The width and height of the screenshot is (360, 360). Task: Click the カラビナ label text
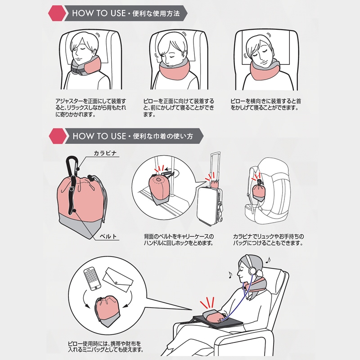pyautogui.click(x=105, y=153)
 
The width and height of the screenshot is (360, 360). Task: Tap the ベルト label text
pyautogui.click(x=108, y=236)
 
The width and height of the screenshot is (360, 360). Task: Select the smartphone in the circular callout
pyautogui.click(x=92, y=279)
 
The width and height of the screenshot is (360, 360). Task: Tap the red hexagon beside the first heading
pyautogui.click(x=57, y=13)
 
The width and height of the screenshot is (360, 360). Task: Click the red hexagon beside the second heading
pyautogui.click(x=58, y=136)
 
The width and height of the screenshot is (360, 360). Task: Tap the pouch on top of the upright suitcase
pyautogui.click(x=214, y=184)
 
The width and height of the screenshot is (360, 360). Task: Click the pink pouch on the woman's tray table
pyautogui.click(x=212, y=316)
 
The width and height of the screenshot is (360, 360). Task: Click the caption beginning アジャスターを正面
pyautogui.click(x=91, y=108)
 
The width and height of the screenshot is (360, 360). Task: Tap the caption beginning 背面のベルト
pyautogui.click(x=179, y=239)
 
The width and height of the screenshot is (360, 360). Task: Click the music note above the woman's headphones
pyautogui.click(x=267, y=260)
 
